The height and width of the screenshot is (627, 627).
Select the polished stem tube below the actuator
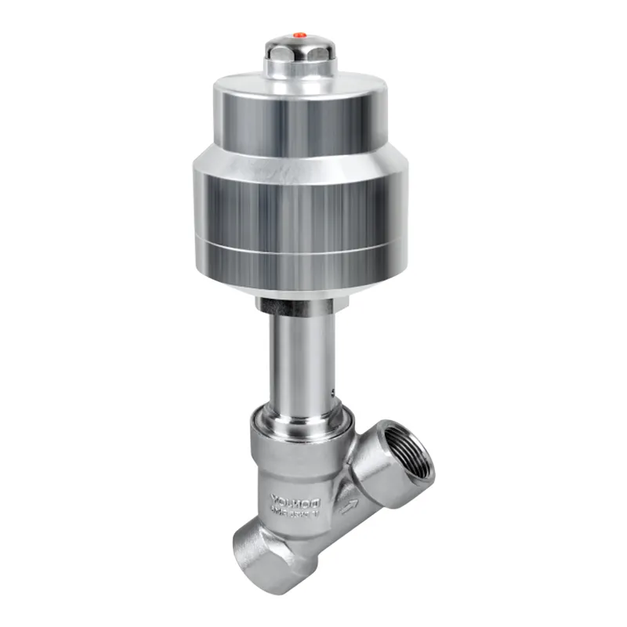coord(298,353)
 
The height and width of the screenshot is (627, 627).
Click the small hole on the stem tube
coord(333,390)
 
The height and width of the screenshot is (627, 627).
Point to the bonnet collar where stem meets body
coord(298,423)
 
